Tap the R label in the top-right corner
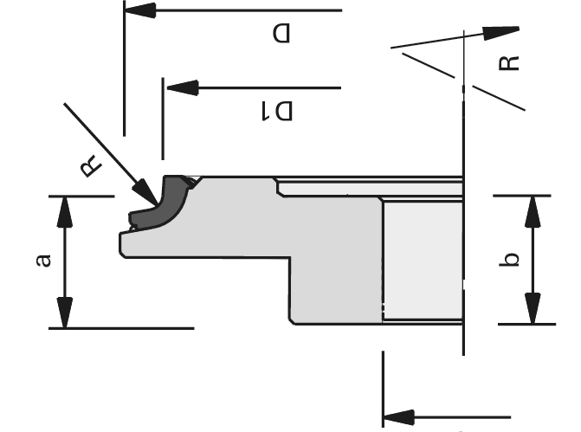click(x=509, y=61)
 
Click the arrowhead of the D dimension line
click(x=141, y=11)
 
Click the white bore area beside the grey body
click(x=423, y=260)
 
